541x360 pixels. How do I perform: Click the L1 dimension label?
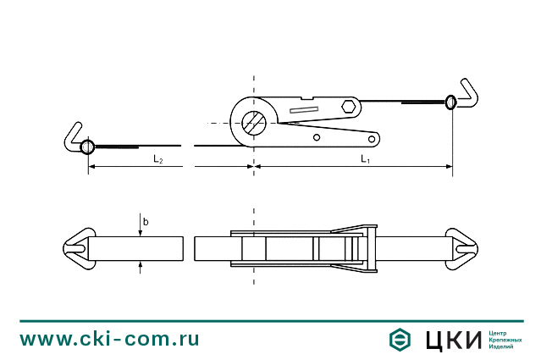tap(365, 159)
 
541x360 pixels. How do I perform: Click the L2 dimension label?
tap(158, 159)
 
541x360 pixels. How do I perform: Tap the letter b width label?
tap(146, 222)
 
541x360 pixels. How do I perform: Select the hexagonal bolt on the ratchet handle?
tap(349, 106)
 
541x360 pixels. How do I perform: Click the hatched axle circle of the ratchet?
tap(254, 123)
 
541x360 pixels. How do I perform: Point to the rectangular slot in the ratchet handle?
tap(304, 110)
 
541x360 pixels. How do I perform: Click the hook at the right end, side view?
tap(466, 94)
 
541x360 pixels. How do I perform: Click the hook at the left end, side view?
tap(73, 138)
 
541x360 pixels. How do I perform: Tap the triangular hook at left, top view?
tap(79, 248)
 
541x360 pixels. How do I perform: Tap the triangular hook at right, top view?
tap(461, 248)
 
